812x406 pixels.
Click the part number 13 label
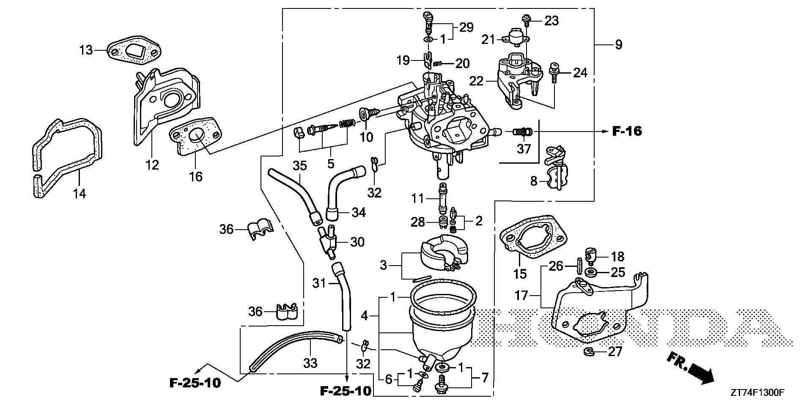[86, 50]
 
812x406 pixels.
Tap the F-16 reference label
[627, 132]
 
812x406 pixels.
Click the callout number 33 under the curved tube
[310, 362]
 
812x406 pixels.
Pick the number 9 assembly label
[619, 44]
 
